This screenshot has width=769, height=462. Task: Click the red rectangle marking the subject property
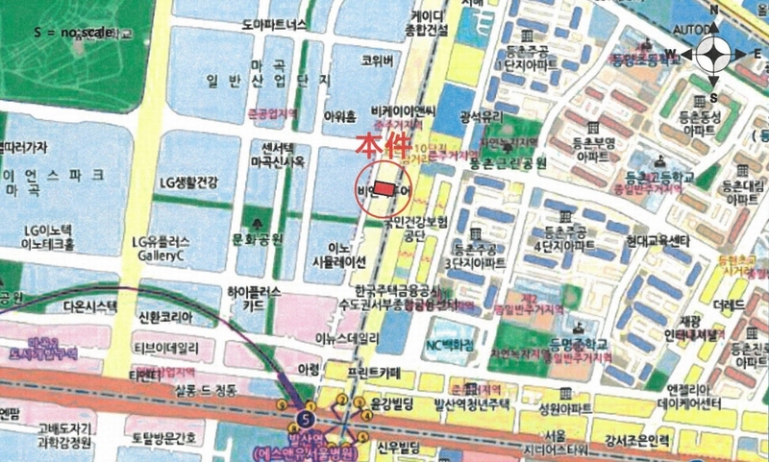coord(384,188)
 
